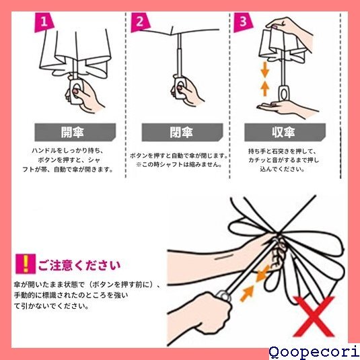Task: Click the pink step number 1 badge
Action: pyautogui.click(x=44, y=22)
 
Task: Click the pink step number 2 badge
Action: pyautogui.click(x=140, y=22)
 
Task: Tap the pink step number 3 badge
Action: pyautogui.click(x=243, y=22)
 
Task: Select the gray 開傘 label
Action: pyautogui.click(x=75, y=133)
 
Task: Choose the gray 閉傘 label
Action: pyautogui.click(x=182, y=133)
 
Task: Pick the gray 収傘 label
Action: pyautogui.click(x=285, y=133)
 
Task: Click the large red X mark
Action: pyautogui.click(x=314, y=316)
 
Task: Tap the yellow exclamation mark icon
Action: pyautogui.click(x=26, y=264)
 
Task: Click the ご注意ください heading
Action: pyautogui.click(x=79, y=265)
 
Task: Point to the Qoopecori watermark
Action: pyautogui.click(x=314, y=353)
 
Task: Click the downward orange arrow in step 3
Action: pyautogui.click(x=264, y=70)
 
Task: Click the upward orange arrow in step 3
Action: pyautogui.click(x=264, y=88)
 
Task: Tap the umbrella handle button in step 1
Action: pyautogui.click(x=76, y=90)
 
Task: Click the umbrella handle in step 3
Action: pyautogui.click(x=285, y=93)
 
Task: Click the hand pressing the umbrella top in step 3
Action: pyautogui.click(x=291, y=32)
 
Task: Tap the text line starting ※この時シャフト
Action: pyautogui.click(x=179, y=165)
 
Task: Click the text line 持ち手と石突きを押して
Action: pyautogui.click(x=282, y=151)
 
